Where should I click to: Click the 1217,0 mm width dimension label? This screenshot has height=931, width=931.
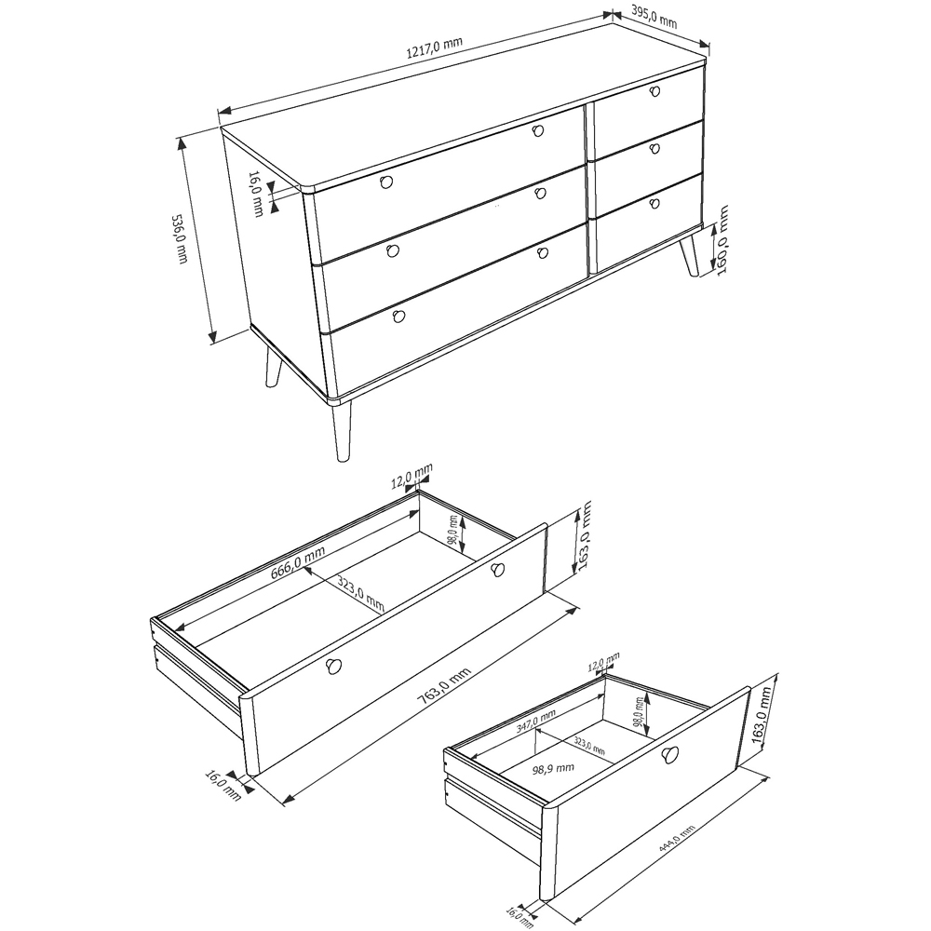click(434, 47)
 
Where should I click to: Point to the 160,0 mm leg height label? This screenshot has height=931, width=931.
click(722, 240)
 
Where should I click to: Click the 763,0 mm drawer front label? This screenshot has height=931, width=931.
click(443, 686)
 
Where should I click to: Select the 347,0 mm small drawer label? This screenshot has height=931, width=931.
click(535, 722)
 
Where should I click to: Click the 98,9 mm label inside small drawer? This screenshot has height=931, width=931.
click(553, 769)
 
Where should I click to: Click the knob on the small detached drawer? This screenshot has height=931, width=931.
click(670, 755)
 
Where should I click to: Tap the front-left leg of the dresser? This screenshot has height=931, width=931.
click(341, 431)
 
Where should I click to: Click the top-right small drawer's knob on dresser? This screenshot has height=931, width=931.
click(654, 91)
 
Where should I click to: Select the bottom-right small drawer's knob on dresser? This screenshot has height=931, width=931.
click(654, 204)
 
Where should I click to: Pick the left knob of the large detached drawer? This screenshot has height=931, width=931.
click(333, 667)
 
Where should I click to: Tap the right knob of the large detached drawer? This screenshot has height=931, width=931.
click(497, 570)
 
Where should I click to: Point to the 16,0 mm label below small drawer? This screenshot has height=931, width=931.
click(519, 915)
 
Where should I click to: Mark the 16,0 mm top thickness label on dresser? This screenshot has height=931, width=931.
click(256, 194)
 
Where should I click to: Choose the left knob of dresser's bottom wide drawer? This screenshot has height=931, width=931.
click(399, 316)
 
